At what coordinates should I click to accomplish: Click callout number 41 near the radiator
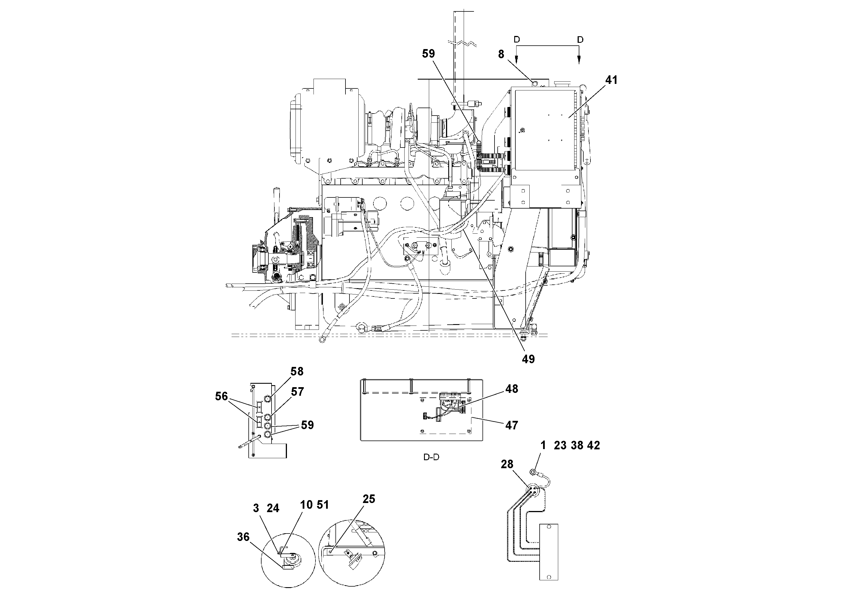coord(611,80)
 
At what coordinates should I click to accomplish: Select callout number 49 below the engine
coord(528,359)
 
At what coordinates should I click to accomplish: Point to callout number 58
coord(297,371)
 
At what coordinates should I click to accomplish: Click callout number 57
coord(297,392)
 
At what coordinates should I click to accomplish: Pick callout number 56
coord(221,397)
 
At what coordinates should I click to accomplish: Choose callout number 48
coord(512,389)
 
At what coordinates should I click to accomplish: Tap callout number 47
coord(512,425)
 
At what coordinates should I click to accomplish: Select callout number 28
coord(507,464)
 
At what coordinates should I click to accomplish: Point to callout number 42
coord(593,446)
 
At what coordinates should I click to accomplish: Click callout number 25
coord(369,499)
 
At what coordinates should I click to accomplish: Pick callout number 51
coord(322,505)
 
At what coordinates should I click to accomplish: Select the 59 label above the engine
coord(428,54)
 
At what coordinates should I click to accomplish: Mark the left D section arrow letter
coord(517,39)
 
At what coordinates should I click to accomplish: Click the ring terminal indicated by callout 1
coord(532,472)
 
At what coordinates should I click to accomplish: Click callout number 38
coord(577,446)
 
